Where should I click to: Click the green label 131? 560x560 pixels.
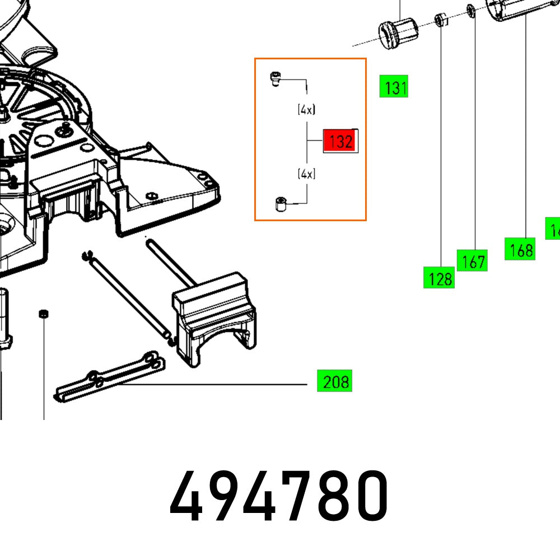394,88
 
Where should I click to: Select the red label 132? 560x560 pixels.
339,142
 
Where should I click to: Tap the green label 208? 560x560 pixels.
335,382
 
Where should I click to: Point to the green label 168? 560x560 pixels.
520,249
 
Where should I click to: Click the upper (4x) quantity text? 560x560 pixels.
306,110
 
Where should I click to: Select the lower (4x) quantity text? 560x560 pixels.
306,174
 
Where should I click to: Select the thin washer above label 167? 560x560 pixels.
472,11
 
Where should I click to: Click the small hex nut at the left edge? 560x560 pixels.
42,314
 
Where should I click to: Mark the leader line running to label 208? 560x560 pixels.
213,385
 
